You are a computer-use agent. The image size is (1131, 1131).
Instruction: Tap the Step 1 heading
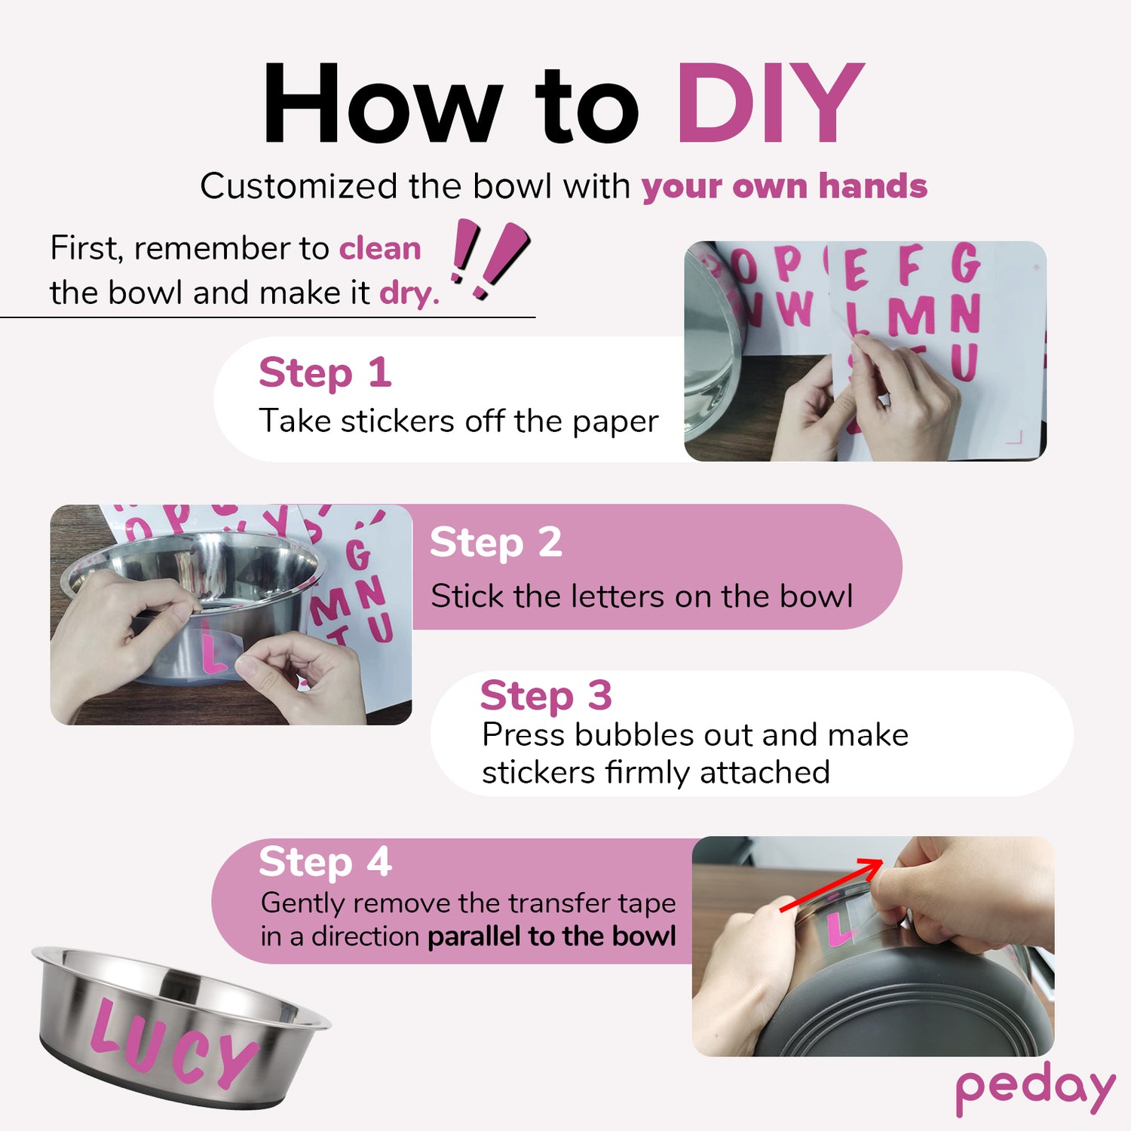[x=325, y=372]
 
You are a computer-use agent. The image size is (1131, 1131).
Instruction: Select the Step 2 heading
[x=496, y=542]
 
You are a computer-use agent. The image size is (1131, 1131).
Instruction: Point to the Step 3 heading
[x=546, y=695]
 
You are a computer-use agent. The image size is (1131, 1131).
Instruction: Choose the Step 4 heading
[x=325, y=862]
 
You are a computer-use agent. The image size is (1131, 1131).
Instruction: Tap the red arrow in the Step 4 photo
[x=832, y=885]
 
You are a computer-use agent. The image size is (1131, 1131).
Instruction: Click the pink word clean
[x=380, y=248]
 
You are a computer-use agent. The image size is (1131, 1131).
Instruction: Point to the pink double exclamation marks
[x=490, y=259]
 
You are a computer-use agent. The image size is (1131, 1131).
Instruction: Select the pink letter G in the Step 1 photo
[x=965, y=262]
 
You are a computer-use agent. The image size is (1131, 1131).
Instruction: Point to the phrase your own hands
[x=784, y=186]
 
